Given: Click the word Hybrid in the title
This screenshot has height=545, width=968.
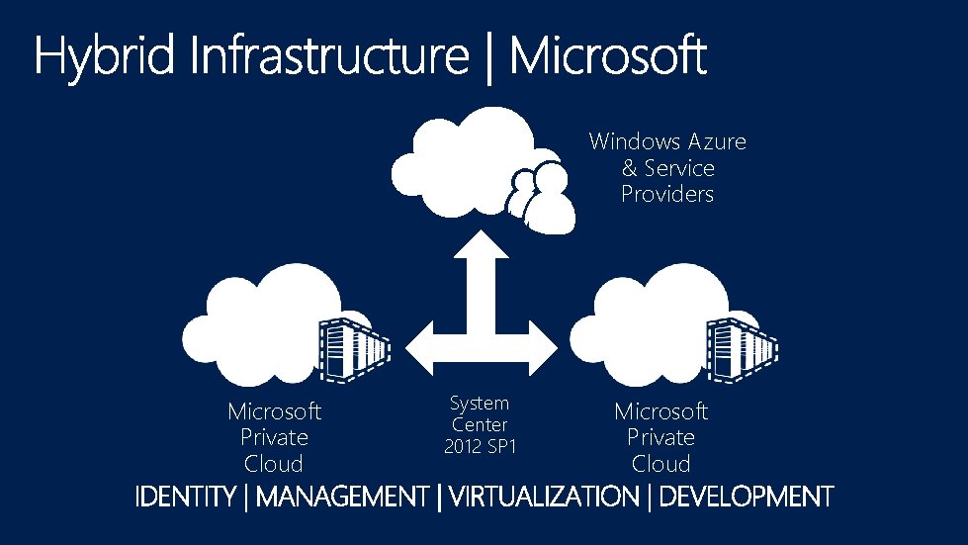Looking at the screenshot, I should [105, 57].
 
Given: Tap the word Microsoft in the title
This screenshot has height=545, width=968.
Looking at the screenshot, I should [608, 57].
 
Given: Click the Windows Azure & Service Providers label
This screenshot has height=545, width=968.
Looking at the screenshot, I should [667, 167].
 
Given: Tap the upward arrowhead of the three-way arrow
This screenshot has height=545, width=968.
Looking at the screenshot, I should [481, 247].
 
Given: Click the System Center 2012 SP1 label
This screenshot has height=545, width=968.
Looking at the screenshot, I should [480, 424].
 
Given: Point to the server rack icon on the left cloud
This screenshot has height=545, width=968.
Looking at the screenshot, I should [352, 348].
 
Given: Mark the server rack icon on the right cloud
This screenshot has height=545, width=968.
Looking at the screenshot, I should [740, 348].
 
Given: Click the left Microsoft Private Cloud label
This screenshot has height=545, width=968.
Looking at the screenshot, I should [274, 437].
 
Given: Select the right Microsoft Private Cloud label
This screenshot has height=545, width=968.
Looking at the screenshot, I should [660, 437].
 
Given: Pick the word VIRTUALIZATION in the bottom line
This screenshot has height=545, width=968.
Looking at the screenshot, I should [544, 497].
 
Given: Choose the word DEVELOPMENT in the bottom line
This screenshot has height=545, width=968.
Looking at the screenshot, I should [746, 497].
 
